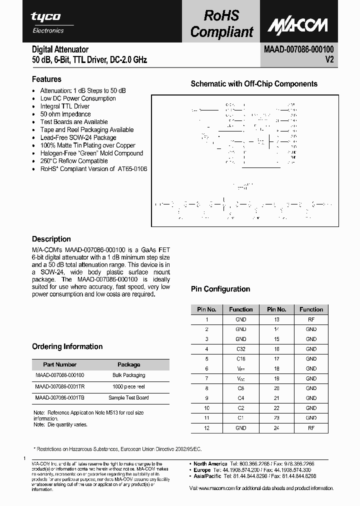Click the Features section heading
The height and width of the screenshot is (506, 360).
click(46, 79)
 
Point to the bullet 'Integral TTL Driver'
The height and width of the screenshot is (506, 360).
click(65, 106)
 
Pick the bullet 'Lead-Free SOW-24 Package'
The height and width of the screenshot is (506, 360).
click(78, 137)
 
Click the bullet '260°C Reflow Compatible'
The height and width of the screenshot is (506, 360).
click(74, 161)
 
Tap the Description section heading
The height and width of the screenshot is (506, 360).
click(51, 239)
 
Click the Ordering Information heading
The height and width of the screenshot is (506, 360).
click(67, 346)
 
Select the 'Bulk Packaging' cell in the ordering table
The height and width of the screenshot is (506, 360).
click(129, 375)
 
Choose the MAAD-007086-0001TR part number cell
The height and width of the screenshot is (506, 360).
click(60, 386)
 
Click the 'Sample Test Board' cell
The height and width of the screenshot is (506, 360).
click(129, 397)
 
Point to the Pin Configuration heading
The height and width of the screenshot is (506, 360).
click(220, 289)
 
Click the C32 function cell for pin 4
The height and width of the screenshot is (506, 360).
click(240, 349)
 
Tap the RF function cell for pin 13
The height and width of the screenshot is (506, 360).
click(311, 319)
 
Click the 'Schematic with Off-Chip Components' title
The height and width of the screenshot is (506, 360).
click(254, 84)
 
